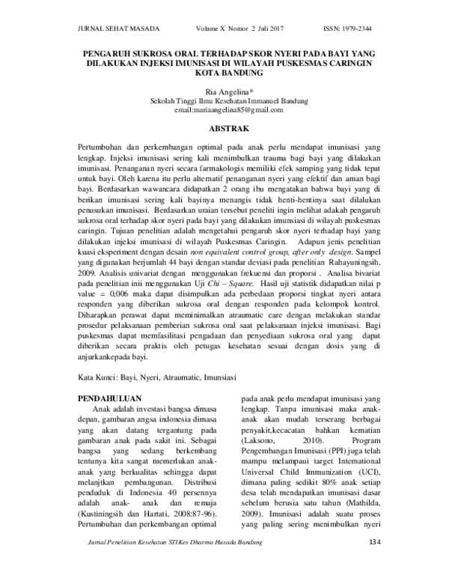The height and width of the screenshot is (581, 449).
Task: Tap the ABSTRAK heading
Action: (x=224, y=129)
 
